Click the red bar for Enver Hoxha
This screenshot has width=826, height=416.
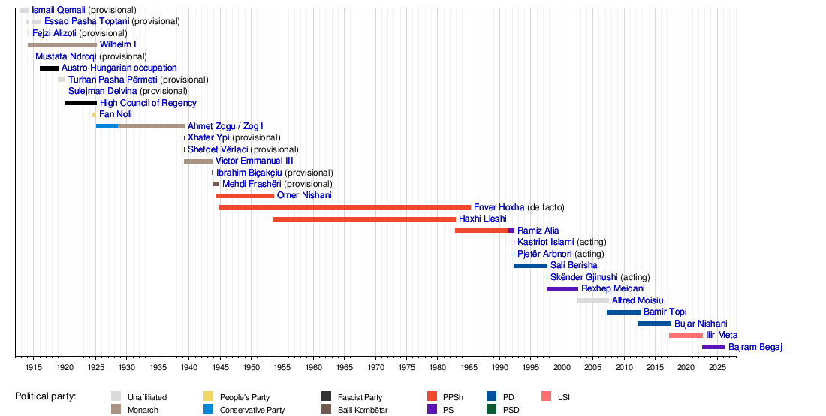point(345,207)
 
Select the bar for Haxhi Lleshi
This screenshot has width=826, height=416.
point(364,219)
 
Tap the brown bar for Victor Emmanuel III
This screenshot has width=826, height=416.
point(198,161)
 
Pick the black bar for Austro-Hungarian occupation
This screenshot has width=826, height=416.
point(49,68)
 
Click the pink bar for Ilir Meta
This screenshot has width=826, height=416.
point(686,335)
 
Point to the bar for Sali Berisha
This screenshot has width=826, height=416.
point(530,266)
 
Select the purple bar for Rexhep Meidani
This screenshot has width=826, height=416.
point(562,289)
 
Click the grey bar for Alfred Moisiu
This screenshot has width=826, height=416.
point(593,300)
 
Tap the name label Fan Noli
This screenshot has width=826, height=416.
point(116,114)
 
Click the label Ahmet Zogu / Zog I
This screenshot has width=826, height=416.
point(225,126)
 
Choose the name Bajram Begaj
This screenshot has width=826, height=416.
point(755,347)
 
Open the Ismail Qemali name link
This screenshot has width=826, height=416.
point(59,10)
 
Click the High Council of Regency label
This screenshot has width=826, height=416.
point(148,103)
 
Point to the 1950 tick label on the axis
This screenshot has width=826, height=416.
point(251,367)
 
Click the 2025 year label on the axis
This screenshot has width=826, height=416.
point(717,367)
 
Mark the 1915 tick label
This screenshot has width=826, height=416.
point(34,367)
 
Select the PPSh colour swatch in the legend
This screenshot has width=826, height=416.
point(432,396)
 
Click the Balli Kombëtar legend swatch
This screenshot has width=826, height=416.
point(327,409)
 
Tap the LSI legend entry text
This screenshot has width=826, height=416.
point(563,397)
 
